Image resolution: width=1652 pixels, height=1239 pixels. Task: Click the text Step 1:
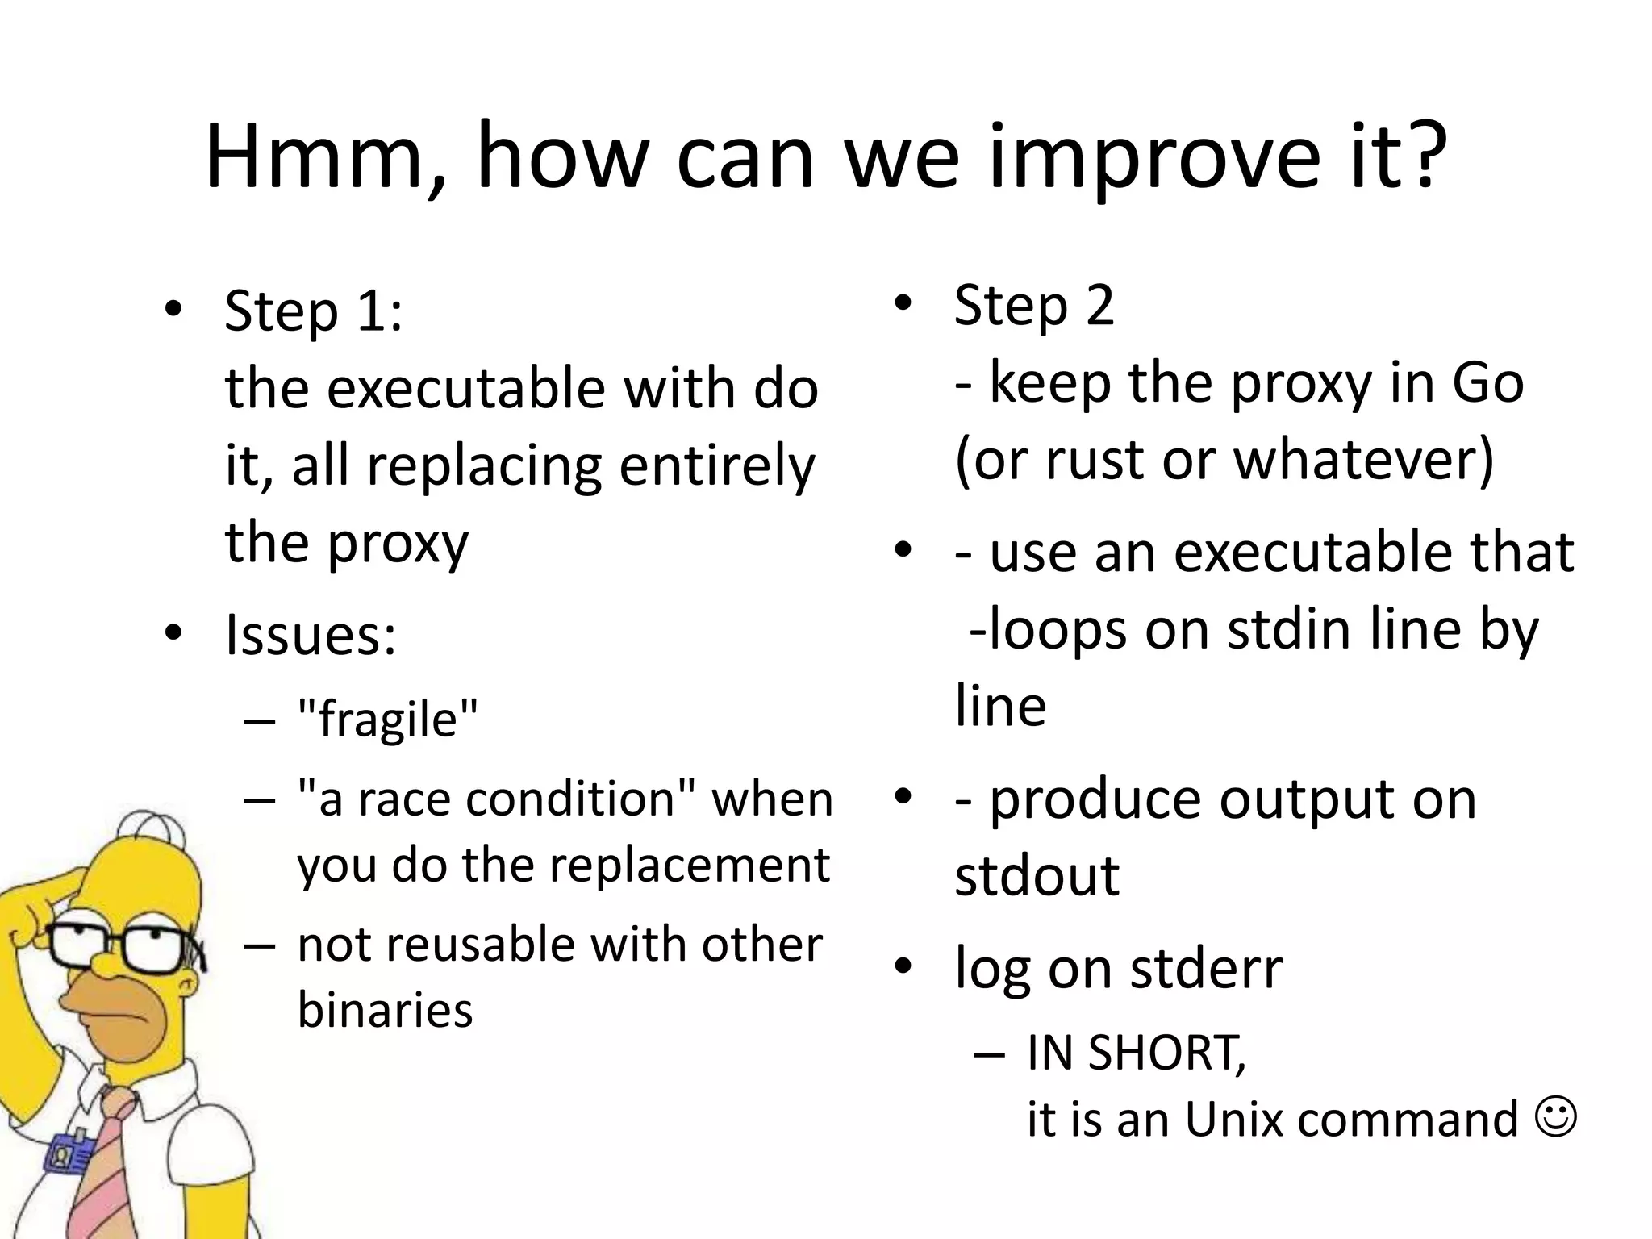coord(313,311)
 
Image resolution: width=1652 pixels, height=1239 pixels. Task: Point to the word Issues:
coord(311,635)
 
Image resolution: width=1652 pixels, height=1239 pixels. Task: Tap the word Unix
coord(1234,1120)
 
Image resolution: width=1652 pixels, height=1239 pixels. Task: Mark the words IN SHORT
coord(1136,1053)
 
